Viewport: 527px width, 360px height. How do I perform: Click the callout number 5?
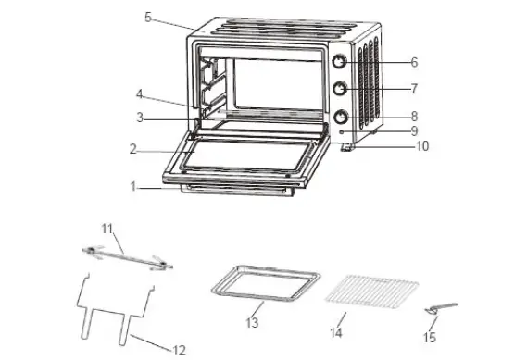pos(148,18)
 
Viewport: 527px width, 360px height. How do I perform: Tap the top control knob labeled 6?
pos(340,62)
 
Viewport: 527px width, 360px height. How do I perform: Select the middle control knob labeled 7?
pos(340,90)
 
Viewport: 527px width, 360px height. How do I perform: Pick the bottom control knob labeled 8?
pos(340,118)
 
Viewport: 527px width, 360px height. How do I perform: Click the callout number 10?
pos(422,147)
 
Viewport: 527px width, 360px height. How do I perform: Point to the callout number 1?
pos(134,185)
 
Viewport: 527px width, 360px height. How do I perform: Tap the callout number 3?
pos(139,118)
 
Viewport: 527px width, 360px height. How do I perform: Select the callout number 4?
pos(139,93)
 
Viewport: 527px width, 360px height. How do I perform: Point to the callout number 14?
pos(338,330)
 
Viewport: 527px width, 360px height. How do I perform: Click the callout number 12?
pos(179,349)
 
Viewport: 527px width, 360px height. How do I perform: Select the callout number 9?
pos(415,131)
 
